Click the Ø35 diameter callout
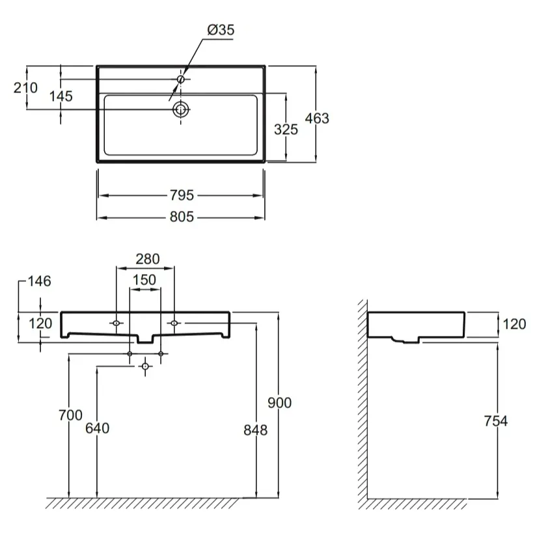pos(221,30)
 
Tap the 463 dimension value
pos(317,118)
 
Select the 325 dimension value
pos(286,130)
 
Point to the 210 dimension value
pos(25,88)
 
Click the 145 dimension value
pos(61,96)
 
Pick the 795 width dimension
pos(182,195)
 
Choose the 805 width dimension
pos(182,217)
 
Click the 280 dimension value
pos(148,259)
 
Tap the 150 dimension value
pos(144,280)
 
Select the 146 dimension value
pos(40,281)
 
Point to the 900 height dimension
pos(279,403)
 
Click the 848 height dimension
pos(256,430)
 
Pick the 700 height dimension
pos(70,415)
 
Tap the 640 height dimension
pos(97,428)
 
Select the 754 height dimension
pos(495,421)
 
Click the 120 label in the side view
pos(514,324)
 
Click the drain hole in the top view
pos(180,109)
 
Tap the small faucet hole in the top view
pos(181,79)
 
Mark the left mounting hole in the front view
pos(117,323)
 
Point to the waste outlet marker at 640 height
pos(145,366)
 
